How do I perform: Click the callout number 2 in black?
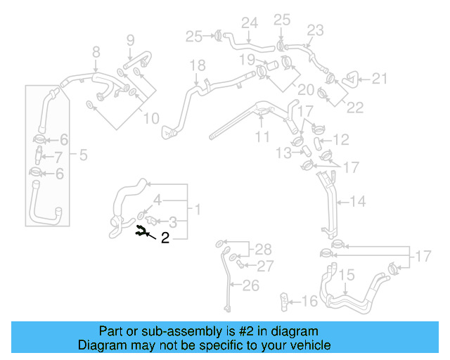(x=165, y=238)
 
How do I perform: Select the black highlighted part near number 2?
(x=142, y=229)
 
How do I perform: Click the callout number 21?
(x=380, y=79)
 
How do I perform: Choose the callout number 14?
(x=357, y=202)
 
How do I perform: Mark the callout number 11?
(x=262, y=137)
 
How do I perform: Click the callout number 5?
(x=83, y=154)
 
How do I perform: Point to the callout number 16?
(x=309, y=302)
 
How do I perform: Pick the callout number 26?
(x=251, y=285)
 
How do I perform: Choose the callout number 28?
(x=262, y=249)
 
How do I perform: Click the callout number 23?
(x=315, y=30)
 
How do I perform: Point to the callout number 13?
(x=283, y=153)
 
